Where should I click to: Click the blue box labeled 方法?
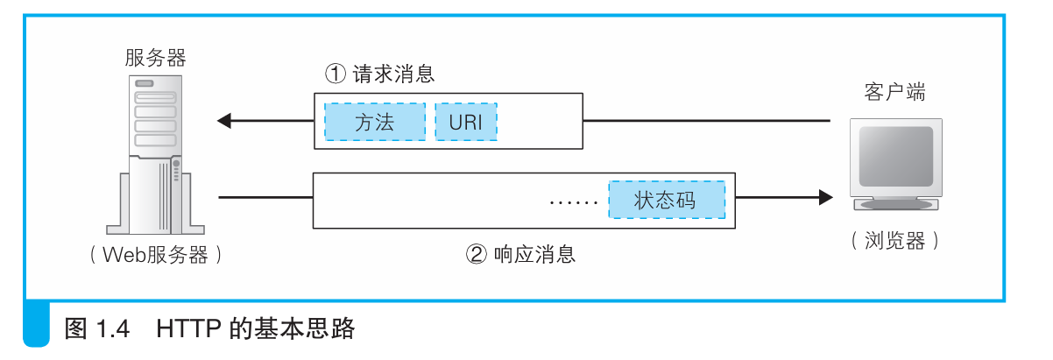(375, 123)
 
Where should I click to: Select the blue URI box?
(465, 123)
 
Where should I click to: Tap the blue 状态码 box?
(667, 200)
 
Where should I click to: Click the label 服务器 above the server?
(156, 59)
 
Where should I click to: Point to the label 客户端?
(894, 92)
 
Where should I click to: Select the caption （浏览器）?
(894, 242)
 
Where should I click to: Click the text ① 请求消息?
(379, 74)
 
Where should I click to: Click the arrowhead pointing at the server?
(224, 121)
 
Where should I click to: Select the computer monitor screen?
(895, 156)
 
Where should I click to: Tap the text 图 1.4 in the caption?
(97, 329)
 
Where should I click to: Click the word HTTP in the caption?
(188, 329)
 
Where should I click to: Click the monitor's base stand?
(895, 204)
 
